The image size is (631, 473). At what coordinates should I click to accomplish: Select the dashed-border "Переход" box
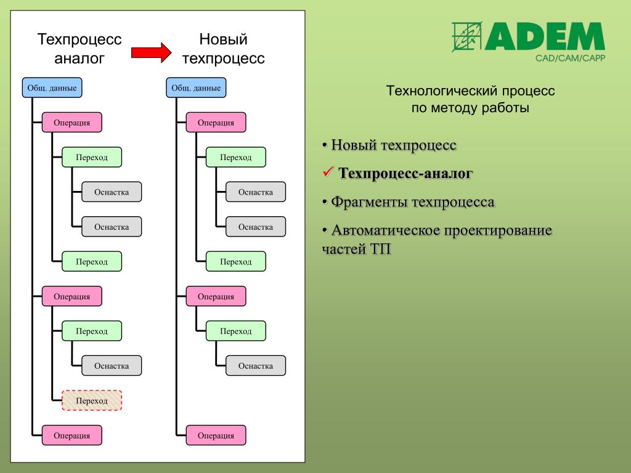92,400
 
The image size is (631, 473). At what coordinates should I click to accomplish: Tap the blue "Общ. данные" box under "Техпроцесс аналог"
52,87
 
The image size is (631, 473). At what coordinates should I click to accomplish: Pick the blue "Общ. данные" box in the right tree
196,87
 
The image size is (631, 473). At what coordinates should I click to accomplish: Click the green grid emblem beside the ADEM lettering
466,37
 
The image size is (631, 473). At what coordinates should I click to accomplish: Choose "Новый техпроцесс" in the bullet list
394,145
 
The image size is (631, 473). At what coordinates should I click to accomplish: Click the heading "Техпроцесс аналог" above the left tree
79,49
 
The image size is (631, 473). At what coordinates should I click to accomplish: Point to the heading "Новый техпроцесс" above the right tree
223,49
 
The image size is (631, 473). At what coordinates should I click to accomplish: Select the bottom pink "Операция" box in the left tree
71,435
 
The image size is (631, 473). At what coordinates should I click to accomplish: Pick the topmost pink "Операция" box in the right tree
216,122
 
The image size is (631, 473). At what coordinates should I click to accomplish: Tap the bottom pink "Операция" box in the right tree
216,435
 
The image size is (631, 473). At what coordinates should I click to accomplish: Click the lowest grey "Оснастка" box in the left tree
112,366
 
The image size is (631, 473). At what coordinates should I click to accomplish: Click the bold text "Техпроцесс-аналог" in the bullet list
405,174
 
